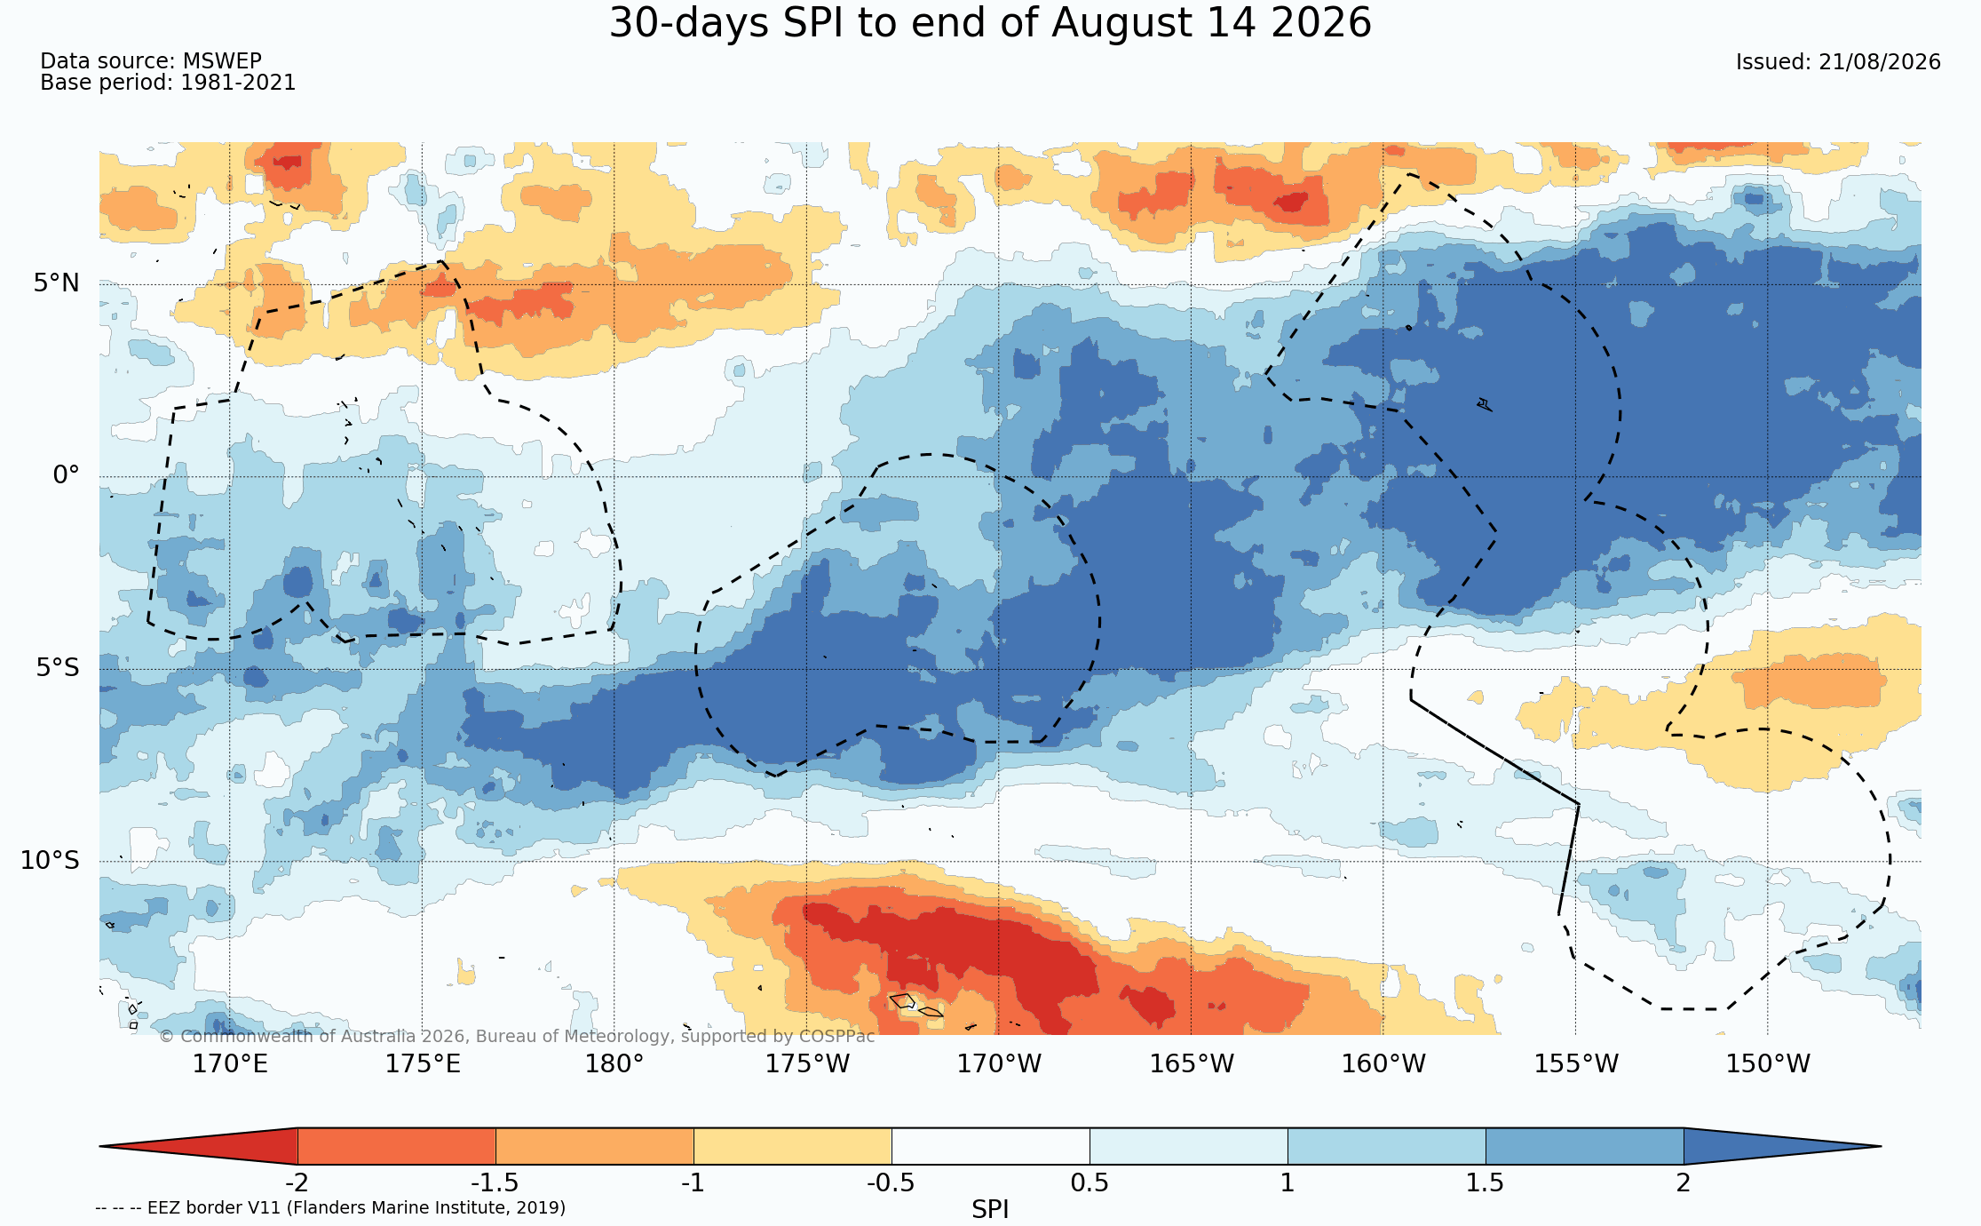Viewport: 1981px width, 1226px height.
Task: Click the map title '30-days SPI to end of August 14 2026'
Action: (990, 23)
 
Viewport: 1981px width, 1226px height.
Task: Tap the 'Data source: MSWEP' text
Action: (151, 61)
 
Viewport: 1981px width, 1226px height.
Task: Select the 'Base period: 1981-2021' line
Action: (168, 83)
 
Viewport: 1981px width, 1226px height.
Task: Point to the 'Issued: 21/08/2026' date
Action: (1838, 62)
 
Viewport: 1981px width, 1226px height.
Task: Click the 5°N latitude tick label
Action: (57, 283)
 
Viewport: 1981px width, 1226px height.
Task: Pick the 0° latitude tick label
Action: (66, 475)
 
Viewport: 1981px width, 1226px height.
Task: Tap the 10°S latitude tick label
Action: (50, 860)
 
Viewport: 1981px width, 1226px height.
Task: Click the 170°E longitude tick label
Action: (230, 1063)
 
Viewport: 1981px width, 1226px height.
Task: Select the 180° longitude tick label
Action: (614, 1063)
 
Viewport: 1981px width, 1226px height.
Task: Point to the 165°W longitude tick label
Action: (1192, 1063)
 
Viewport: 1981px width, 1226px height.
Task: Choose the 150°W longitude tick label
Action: (1768, 1063)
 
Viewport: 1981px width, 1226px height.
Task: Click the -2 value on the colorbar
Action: (297, 1182)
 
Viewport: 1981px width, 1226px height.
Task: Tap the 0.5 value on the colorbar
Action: (1090, 1182)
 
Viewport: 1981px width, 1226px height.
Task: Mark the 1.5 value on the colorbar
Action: (1486, 1182)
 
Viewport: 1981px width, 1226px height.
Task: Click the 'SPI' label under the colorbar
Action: (990, 1209)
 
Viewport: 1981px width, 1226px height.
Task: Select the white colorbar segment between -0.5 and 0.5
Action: (990, 1146)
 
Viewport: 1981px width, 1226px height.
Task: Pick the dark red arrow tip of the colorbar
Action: (100, 1146)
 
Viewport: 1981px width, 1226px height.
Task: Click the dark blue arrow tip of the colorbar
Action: (1880, 1146)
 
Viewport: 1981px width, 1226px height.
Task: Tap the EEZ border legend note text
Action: (330, 1207)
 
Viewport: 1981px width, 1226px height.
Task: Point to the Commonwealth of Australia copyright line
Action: (517, 1036)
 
